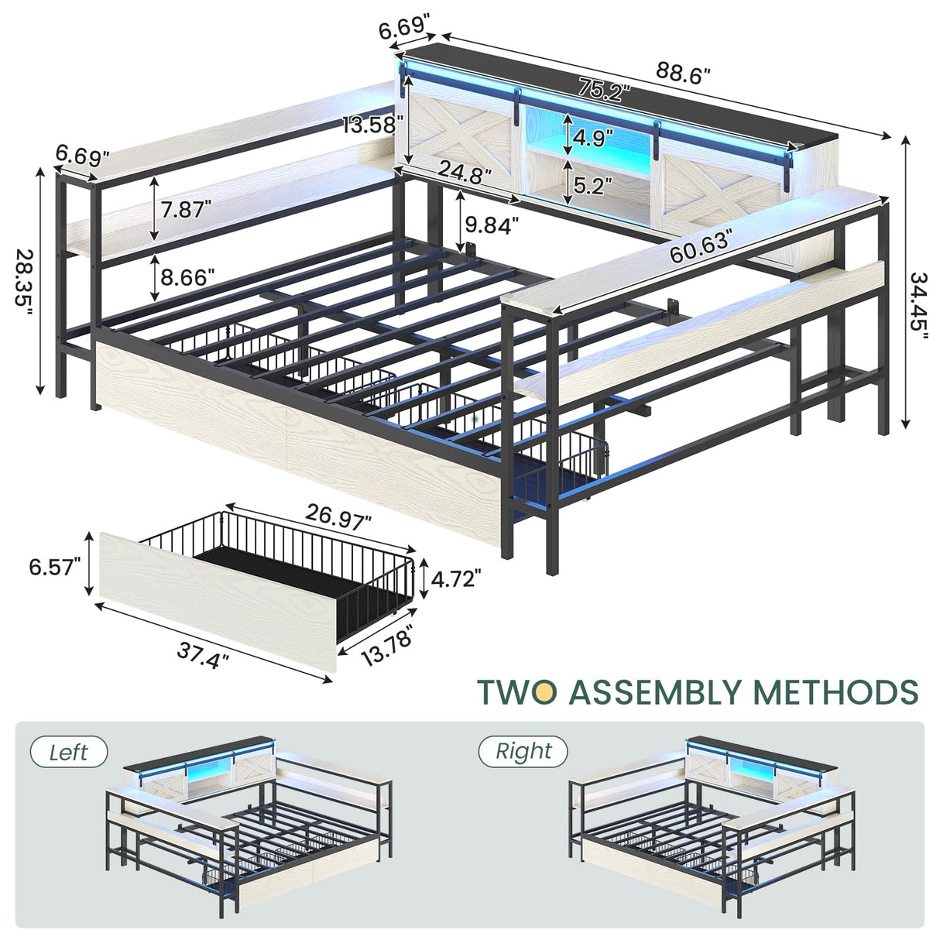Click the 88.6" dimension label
684,74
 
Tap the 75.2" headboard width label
603,91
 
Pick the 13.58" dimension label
374,123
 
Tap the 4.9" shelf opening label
592,139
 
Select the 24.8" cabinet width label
465,171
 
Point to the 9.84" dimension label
492,225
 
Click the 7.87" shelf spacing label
183,210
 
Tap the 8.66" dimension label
183,276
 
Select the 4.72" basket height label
456,578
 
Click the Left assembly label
68,752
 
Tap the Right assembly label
523,751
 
